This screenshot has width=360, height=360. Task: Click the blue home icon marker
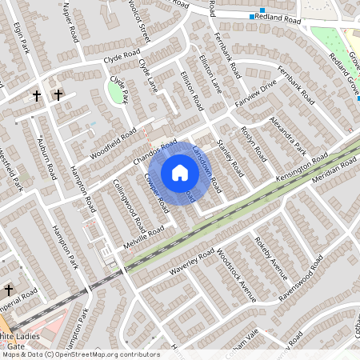click(180, 173)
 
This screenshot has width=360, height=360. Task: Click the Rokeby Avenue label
click(270, 260)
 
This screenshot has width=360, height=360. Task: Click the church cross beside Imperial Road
click(9, 290)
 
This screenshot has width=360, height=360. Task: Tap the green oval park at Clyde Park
click(117, 93)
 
